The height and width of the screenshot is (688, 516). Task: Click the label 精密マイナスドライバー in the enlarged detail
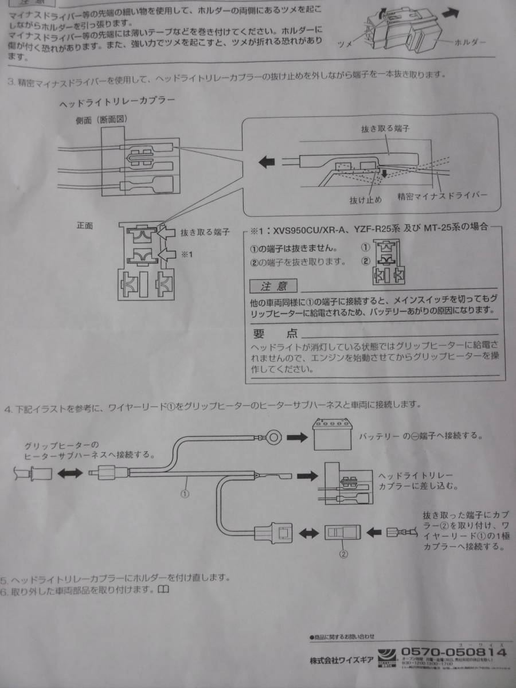(443, 196)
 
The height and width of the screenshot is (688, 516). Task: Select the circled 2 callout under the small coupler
(342, 554)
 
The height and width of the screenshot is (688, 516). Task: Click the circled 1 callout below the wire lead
(185, 492)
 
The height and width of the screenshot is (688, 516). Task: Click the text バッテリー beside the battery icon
(378, 436)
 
